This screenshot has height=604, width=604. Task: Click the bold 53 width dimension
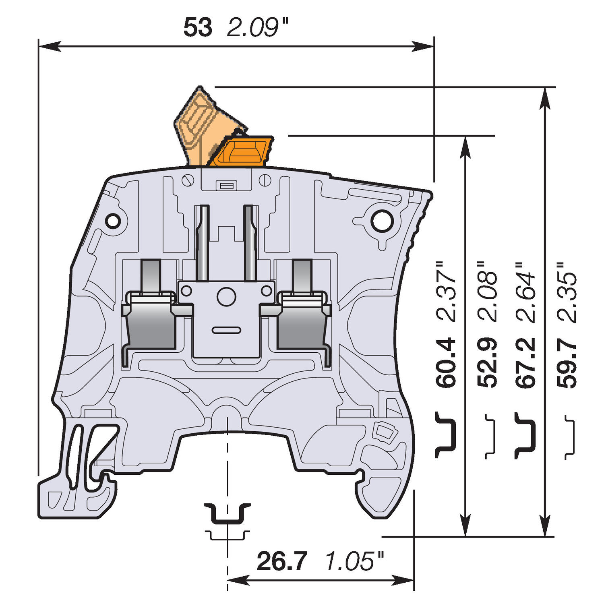tap(198, 28)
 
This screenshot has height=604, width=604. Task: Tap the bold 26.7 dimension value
tap(282, 561)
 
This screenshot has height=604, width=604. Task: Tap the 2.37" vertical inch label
tap(447, 292)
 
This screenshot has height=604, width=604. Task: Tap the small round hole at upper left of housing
tap(113, 221)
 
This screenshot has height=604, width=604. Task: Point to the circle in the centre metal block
tap(226, 297)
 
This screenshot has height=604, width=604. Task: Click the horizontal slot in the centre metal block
tap(226, 331)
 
